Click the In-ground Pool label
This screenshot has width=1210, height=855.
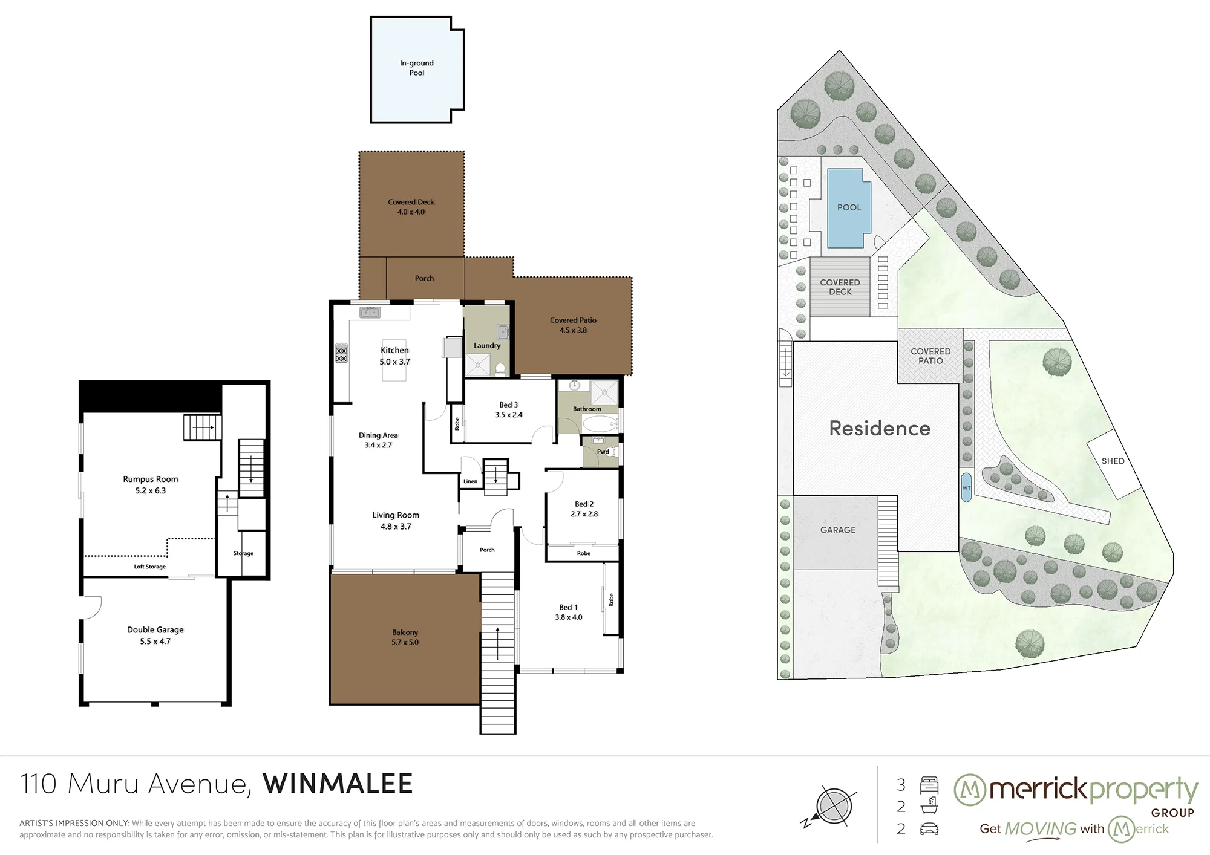417,68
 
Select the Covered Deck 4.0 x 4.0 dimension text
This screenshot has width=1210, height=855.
411,212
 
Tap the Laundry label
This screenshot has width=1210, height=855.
487,346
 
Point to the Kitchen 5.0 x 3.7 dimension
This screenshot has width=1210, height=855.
394,362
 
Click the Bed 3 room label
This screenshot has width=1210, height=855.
509,405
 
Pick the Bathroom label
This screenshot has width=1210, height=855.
587,409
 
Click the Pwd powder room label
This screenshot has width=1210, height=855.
603,452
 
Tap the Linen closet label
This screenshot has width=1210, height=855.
470,481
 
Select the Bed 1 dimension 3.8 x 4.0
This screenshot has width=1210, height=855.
569,617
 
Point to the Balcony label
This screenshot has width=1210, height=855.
405,632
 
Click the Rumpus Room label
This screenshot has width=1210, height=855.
151,479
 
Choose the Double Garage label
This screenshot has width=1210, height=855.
155,629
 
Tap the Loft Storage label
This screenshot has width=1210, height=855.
149,567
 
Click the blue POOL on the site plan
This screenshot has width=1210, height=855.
849,207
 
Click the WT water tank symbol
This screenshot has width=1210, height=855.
966,487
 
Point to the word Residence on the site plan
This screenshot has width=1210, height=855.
880,428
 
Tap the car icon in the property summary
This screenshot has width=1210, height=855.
929,829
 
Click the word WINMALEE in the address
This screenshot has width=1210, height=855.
338,784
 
